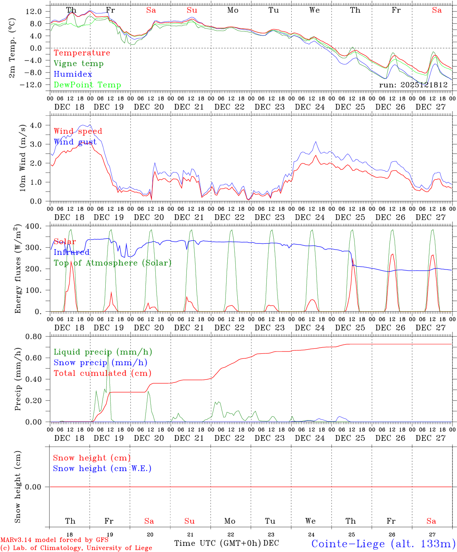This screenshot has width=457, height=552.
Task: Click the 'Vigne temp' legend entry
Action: (x=78, y=64)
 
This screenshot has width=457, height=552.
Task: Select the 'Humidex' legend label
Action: (x=73, y=74)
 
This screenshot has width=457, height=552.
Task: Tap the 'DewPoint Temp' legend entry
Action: (x=87, y=85)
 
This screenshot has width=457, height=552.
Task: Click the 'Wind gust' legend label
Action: (x=75, y=142)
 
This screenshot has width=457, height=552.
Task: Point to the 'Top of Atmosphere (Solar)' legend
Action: (x=113, y=263)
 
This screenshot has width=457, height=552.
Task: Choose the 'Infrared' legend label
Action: (x=72, y=252)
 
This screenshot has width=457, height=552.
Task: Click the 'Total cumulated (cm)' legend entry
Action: (x=103, y=373)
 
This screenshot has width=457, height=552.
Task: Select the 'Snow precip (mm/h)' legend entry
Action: (x=100, y=363)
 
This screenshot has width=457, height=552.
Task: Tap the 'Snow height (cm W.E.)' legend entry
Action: (x=102, y=468)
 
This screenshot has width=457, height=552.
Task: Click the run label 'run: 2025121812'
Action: (x=413, y=85)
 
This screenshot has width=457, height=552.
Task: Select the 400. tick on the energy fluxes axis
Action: (x=34, y=226)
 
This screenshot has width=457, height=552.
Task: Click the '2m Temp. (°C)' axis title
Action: (x=13, y=48)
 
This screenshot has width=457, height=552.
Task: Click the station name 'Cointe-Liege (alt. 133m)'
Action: (x=383, y=544)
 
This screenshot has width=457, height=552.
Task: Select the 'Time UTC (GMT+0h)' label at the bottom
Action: (x=217, y=543)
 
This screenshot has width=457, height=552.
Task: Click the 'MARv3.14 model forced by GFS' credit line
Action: (x=54, y=540)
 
